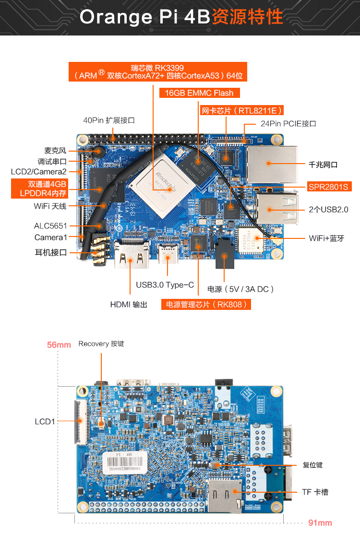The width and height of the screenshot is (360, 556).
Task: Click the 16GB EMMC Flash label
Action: (x=199, y=93)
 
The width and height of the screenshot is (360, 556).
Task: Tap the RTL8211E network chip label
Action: (x=241, y=110)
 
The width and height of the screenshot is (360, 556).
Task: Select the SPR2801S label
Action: (x=328, y=187)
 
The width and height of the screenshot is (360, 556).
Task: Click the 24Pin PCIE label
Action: (x=288, y=123)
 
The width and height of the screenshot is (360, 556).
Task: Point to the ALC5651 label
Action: (x=50, y=225)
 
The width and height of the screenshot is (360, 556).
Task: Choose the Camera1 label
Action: (x=50, y=237)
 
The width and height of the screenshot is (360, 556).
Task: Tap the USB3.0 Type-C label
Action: (x=165, y=285)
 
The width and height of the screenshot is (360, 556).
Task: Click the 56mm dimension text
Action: (x=59, y=344)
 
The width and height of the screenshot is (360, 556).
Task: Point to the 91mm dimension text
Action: (x=320, y=523)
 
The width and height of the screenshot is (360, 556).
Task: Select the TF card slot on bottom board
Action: (x=224, y=494)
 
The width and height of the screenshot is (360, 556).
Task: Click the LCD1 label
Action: (x=45, y=422)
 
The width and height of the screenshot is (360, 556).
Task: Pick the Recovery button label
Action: (x=101, y=344)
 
